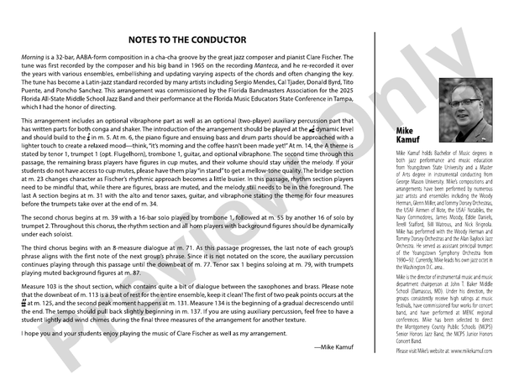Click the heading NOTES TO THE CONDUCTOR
187,40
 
